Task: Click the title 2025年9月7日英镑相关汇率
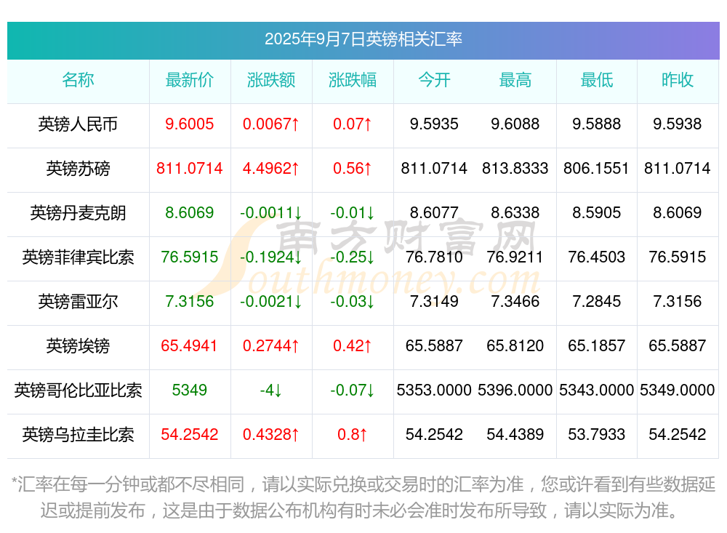363,39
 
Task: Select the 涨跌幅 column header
353,80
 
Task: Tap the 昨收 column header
678,80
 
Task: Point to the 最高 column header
515,80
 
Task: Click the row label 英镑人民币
78,124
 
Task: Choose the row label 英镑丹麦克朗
78,213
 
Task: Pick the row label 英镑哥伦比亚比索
78,390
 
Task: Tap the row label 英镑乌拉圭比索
78,435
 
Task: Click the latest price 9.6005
190,124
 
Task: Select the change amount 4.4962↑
271,169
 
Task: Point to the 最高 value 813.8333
515,169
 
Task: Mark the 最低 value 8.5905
597,213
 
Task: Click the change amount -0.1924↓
271,257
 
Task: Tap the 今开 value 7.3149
434,302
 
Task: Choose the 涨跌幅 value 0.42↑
353,346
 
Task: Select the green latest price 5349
190,390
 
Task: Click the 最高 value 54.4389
515,435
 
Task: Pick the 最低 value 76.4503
597,257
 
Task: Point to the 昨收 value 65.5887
678,346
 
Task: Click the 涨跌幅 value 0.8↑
353,435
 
